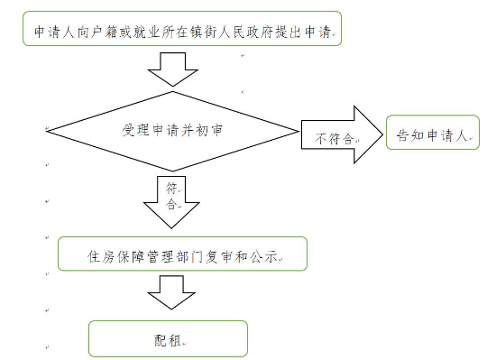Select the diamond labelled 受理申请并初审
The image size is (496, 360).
point(172,132)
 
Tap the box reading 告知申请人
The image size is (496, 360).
point(432,137)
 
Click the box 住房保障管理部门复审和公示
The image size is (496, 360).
point(183,255)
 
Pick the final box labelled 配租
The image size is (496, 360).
point(169,338)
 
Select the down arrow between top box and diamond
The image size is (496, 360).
point(172,68)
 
